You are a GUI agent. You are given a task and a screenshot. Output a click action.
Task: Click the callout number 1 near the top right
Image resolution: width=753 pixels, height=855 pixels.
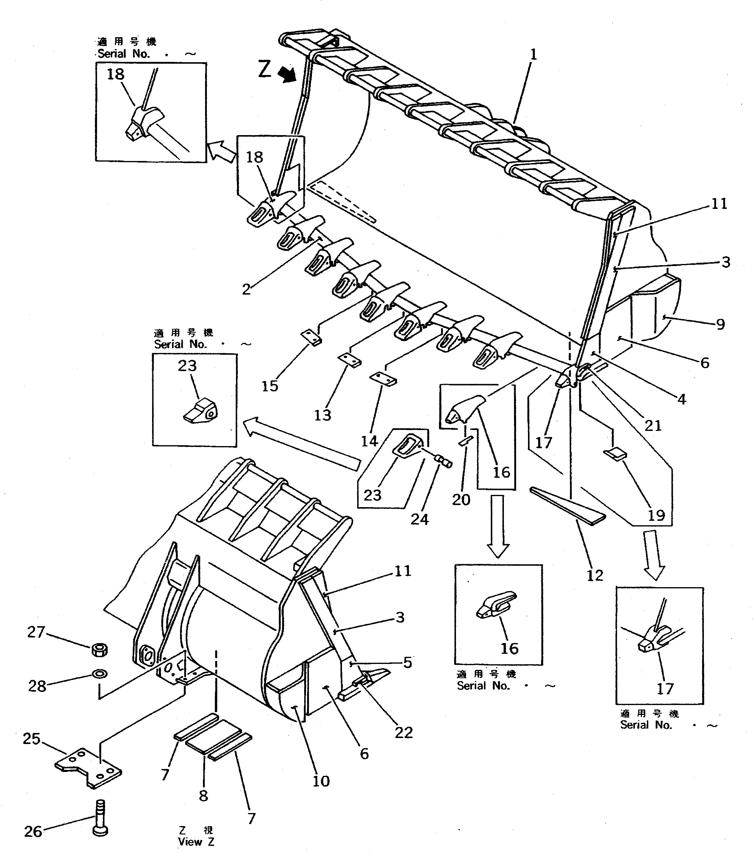pyautogui.click(x=533, y=55)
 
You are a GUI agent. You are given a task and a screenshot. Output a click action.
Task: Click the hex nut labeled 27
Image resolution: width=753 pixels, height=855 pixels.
pyautogui.click(x=99, y=650)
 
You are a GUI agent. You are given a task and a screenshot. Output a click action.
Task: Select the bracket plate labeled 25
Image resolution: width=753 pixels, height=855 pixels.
pyautogui.click(x=89, y=768)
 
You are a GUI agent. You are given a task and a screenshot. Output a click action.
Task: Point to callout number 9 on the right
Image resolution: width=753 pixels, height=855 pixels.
pyautogui.click(x=720, y=324)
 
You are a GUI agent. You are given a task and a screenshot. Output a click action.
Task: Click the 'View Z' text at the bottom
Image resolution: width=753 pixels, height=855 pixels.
pyautogui.click(x=196, y=841)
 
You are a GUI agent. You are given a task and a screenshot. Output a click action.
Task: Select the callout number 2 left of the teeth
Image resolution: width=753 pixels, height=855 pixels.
pyautogui.click(x=246, y=289)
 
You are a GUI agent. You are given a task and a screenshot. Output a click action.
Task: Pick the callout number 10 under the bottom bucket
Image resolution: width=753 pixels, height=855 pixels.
pyautogui.click(x=321, y=781)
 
